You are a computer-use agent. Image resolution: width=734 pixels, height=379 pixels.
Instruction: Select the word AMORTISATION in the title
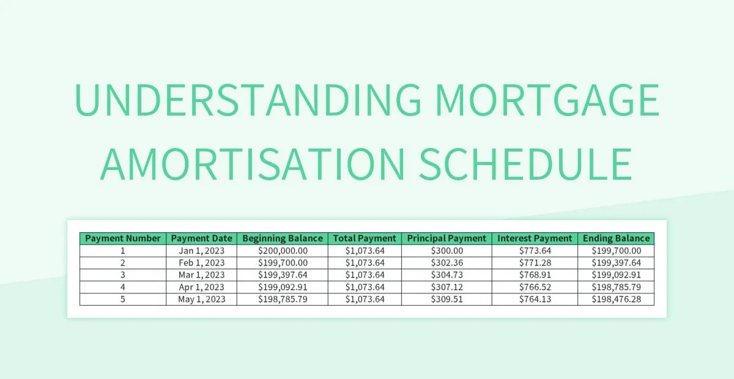click(251, 163)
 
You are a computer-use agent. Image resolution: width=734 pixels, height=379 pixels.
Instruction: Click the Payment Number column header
click(123, 238)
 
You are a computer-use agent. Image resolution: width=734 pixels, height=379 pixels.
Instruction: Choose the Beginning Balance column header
click(283, 238)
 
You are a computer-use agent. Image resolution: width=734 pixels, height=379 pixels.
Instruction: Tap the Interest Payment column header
click(535, 238)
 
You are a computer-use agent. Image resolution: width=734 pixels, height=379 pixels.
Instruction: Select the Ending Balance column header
click(616, 238)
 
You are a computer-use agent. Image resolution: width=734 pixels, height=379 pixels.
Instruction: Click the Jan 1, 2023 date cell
click(202, 251)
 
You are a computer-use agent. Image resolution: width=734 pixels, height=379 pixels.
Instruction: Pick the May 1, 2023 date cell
click(202, 300)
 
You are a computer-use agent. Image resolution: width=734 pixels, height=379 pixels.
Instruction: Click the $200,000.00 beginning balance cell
click(283, 251)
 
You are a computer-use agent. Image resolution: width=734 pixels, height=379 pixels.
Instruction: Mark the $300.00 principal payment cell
click(447, 251)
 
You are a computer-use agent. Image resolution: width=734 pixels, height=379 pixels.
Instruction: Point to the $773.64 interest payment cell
click(535, 251)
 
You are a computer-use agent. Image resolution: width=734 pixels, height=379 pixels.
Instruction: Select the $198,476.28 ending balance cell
click(616, 300)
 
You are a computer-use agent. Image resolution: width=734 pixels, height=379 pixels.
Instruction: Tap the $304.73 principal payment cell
click(447, 275)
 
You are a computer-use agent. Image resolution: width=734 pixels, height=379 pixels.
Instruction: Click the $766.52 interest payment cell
click(535, 287)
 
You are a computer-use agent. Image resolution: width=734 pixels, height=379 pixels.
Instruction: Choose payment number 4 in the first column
click(123, 287)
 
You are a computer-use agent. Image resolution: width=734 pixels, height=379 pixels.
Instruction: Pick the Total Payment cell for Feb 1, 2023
click(365, 263)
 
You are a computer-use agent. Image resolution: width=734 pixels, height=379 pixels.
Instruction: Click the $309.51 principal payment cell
click(447, 300)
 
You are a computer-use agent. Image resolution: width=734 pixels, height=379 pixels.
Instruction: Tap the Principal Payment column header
click(447, 238)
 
